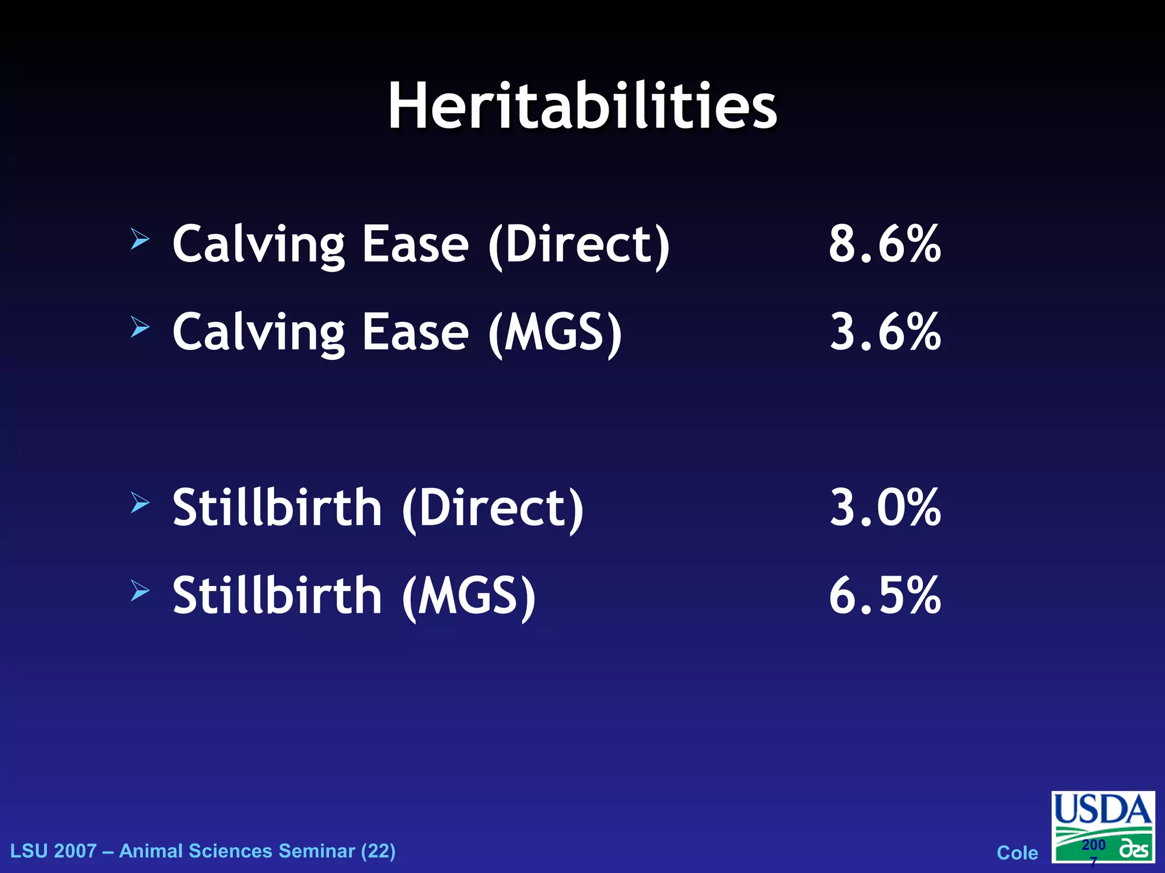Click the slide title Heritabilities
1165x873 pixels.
click(582, 107)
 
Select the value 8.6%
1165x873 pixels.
click(885, 244)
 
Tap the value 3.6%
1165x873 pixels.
click(885, 332)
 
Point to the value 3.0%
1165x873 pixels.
click(885, 508)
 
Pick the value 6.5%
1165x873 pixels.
click(885, 596)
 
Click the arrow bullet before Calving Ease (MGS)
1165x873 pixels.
click(140, 327)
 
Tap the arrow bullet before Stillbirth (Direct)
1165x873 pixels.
click(140, 502)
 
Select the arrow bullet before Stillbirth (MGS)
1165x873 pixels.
click(140, 591)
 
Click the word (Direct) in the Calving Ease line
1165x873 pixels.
click(579, 246)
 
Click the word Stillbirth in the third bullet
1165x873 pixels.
click(277, 508)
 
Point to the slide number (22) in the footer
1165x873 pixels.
click(378, 851)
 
